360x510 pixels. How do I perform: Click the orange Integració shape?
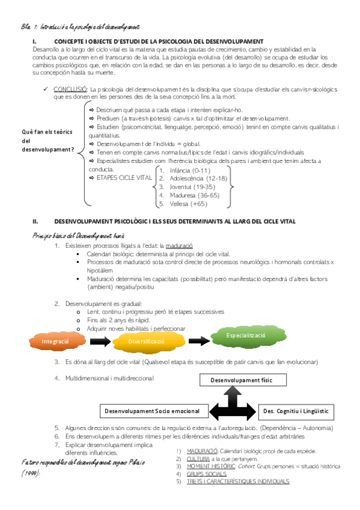[x=55, y=342]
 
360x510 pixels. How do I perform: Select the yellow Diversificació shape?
[x=146, y=341]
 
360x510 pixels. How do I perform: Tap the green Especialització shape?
[x=246, y=335]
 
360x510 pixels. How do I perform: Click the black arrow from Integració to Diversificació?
[x=100, y=341]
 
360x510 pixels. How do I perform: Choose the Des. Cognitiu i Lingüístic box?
[x=296, y=411]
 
